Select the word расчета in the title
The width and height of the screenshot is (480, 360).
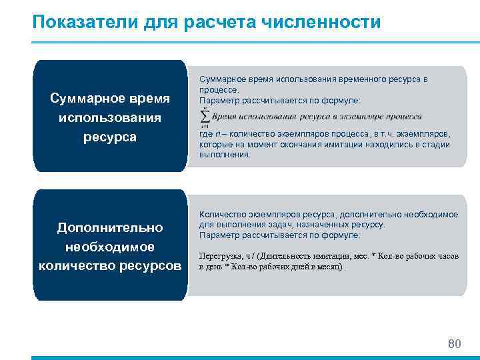225,23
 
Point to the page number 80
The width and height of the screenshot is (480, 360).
454,344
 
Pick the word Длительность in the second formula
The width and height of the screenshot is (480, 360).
285,255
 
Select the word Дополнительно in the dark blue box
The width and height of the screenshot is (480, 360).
110,228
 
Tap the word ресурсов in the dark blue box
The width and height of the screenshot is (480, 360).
154,265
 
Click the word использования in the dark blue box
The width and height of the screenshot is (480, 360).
110,118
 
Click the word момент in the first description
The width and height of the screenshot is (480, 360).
255,144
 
